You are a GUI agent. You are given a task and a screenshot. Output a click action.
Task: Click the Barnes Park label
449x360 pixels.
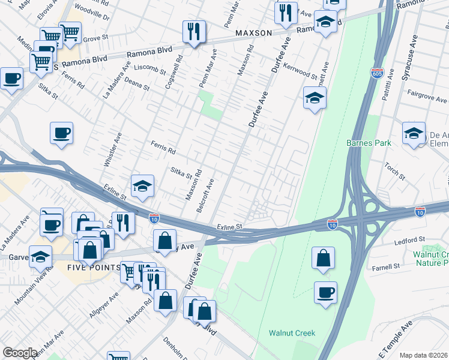pos(369,143)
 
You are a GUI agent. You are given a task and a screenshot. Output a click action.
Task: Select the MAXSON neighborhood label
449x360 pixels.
pos(253,33)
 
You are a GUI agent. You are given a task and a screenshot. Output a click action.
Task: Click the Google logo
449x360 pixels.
pos(20,353)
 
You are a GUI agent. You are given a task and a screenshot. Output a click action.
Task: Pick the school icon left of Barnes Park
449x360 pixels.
pos(314,98)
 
